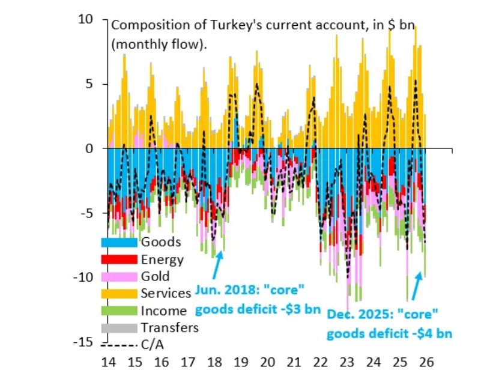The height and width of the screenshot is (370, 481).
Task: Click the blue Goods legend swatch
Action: point(119,243)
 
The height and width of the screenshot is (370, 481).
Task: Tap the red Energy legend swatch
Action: point(119,259)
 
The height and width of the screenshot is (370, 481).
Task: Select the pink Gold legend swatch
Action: point(119,276)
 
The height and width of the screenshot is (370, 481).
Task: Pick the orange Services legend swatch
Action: point(119,294)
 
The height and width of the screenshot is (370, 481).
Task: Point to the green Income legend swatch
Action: point(119,311)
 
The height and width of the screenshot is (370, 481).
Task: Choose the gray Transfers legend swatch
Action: point(119,327)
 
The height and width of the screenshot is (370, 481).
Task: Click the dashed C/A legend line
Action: point(119,345)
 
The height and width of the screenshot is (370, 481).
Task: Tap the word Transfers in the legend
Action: point(169,328)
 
